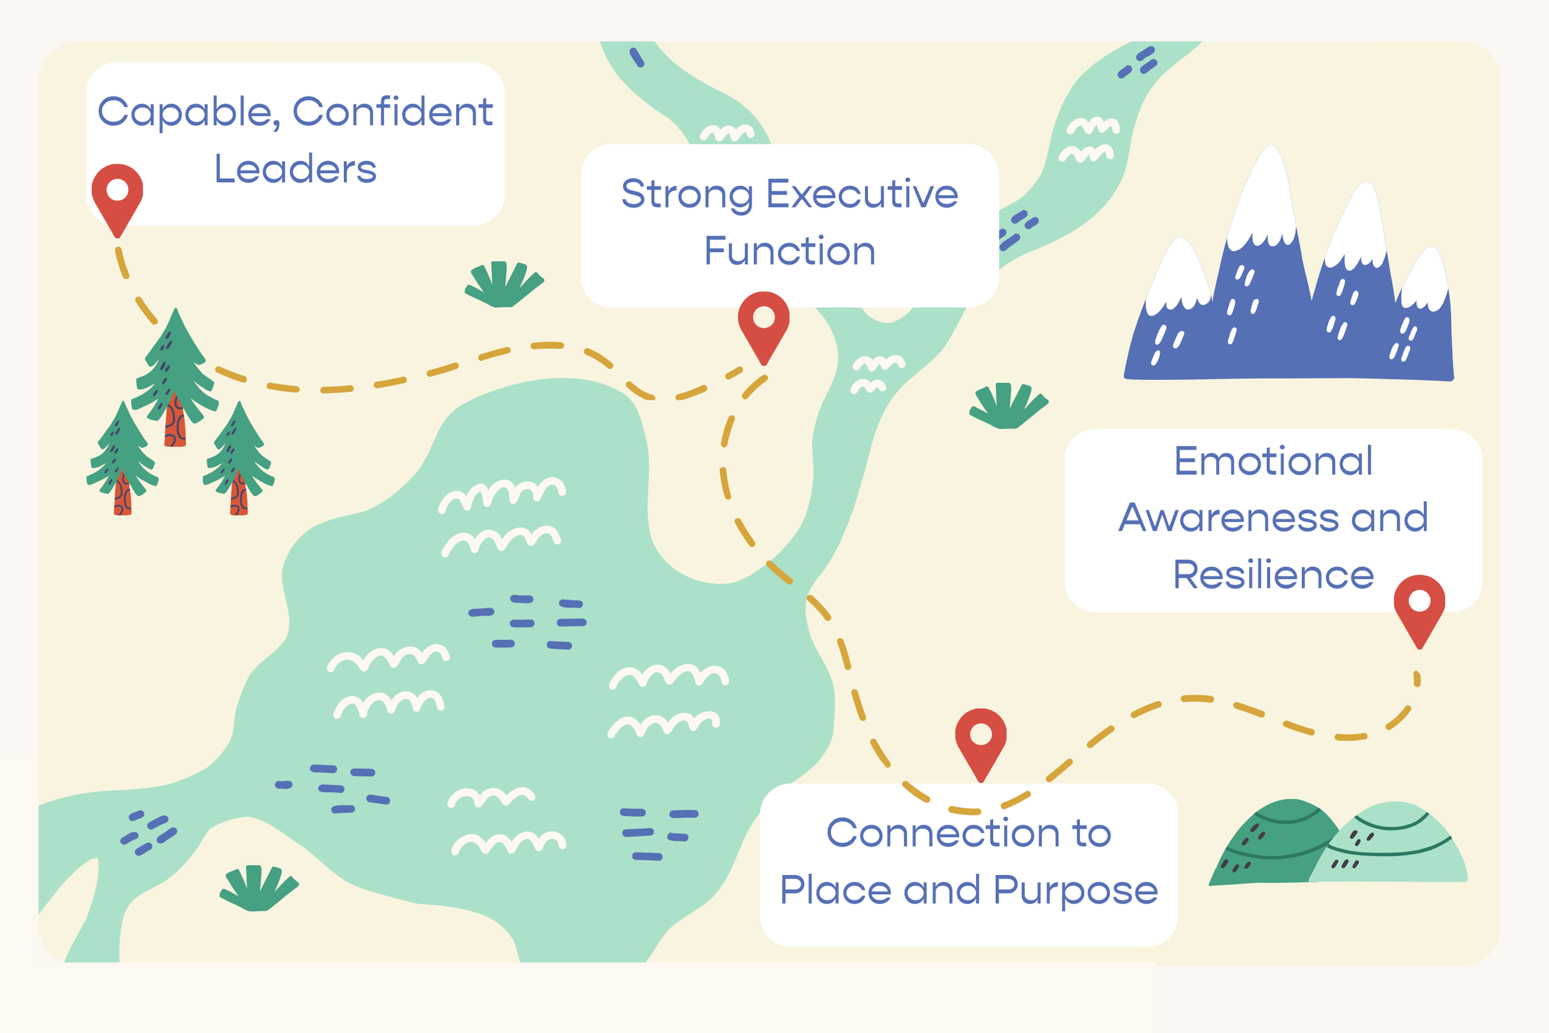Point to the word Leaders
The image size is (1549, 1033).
(295, 169)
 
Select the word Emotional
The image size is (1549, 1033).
(1273, 460)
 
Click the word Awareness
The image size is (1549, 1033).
(1227, 518)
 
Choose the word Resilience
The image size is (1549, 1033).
(1273, 575)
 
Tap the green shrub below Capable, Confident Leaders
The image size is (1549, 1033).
(504, 284)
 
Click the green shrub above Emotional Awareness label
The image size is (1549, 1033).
(1007, 406)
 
